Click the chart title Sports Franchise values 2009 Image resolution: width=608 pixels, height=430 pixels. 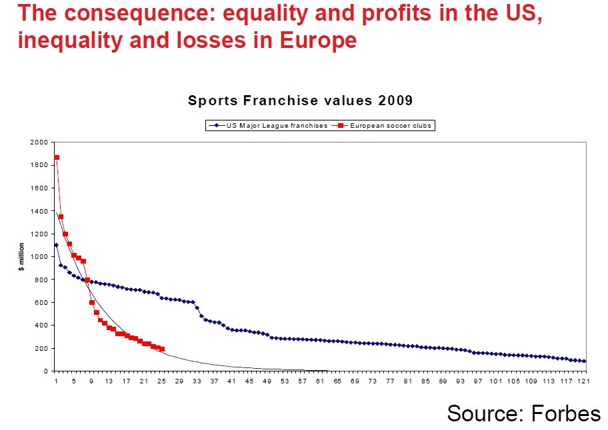pos(300,101)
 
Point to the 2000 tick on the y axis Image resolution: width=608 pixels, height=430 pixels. pos(39,142)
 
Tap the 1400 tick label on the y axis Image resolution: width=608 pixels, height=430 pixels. pos(39,211)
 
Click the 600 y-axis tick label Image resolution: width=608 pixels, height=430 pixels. pos(41,302)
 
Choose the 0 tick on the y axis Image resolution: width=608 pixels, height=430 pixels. pos(45,371)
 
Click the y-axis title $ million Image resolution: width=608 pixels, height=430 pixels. pos(21,256)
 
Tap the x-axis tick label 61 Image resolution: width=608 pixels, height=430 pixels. pos(320,381)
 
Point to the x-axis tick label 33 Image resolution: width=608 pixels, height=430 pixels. pos(197,381)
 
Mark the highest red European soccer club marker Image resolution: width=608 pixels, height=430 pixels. pos(57,158)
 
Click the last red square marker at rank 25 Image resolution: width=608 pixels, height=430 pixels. pos(162,349)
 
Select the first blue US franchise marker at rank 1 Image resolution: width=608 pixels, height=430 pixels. pos(56,245)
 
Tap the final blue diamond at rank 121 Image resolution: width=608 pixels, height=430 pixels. pos(585,361)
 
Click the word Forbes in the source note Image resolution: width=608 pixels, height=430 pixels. pos(566,413)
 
